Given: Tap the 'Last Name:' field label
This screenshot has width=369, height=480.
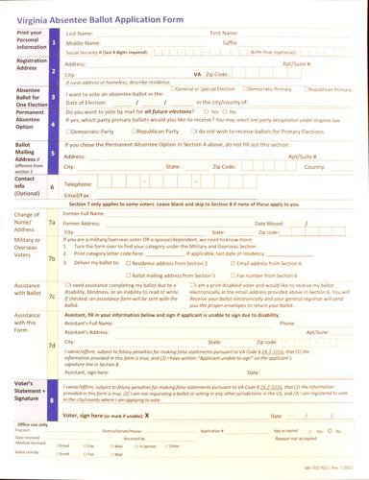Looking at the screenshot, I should coord(79,33).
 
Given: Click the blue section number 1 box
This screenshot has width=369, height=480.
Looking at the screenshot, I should coord(55,42).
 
